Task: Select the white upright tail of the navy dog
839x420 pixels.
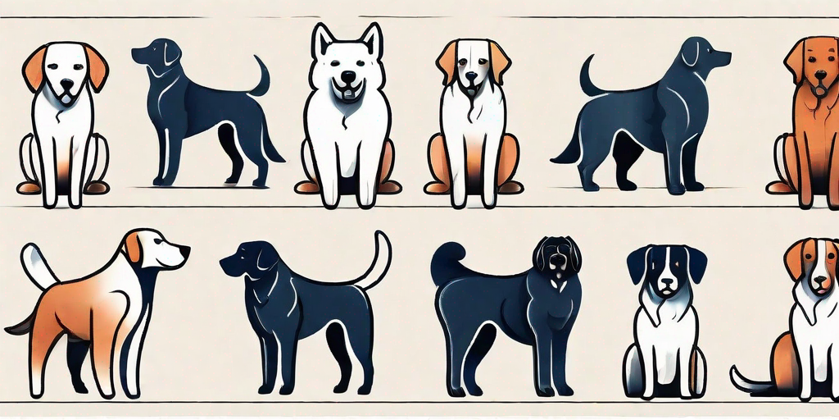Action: (378, 261)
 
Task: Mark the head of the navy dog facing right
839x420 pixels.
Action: (701, 55)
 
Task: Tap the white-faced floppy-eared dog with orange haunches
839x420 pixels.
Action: (473, 123)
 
